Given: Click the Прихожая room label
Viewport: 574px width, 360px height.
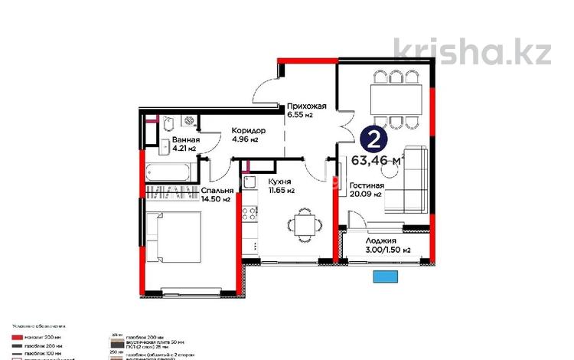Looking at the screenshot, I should [x=307, y=106].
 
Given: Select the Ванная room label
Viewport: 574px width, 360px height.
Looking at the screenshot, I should [x=186, y=140].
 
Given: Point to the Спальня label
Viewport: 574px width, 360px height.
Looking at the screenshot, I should [x=217, y=191].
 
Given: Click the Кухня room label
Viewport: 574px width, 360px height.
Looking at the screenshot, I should [x=279, y=181].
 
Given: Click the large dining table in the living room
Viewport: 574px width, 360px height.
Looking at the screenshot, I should [x=395, y=97].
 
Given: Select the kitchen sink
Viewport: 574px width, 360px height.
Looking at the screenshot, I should [x=249, y=182].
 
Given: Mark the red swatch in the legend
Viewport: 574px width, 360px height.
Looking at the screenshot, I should [x=18, y=337].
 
